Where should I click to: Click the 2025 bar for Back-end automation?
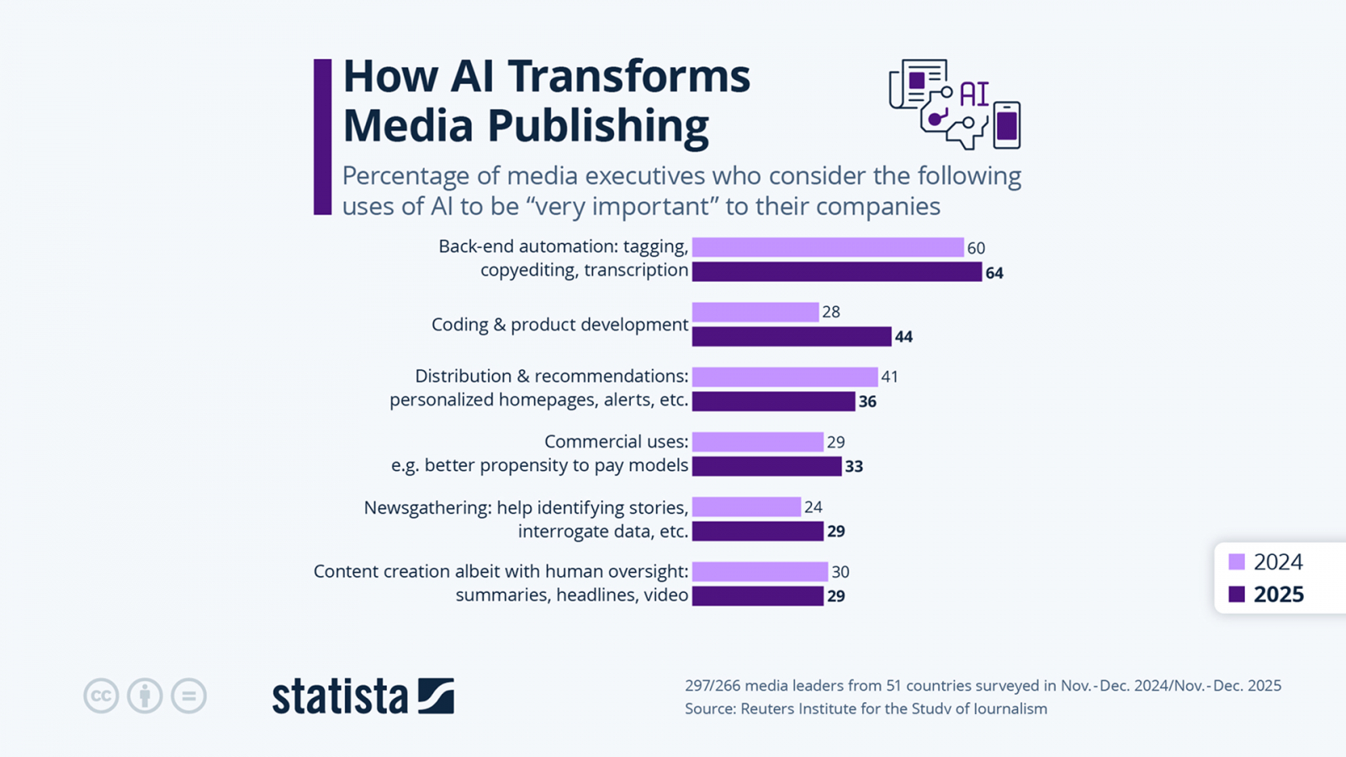click(x=836, y=272)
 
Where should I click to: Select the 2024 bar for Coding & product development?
click(x=755, y=312)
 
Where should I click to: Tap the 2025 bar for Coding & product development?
click(x=791, y=336)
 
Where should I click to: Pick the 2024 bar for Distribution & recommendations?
click(x=784, y=377)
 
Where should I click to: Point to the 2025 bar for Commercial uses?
click(x=766, y=466)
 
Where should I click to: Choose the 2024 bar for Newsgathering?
click(x=746, y=507)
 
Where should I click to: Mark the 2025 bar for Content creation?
click(x=757, y=596)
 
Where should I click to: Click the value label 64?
click(x=994, y=273)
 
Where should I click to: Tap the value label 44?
click(x=904, y=336)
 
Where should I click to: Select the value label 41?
click(x=889, y=377)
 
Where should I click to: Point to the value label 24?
click(x=813, y=507)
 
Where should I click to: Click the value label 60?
click(x=976, y=248)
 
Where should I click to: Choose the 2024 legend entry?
click(x=1266, y=562)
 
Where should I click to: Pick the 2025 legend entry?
click(x=1266, y=595)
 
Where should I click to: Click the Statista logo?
click(x=363, y=696)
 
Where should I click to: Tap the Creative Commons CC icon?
click(x=101, y=696)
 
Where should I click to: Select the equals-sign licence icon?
click(x=188, y=696)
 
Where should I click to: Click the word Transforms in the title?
click(x=628, y=77)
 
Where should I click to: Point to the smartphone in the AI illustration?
click(x=1006, y=125)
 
